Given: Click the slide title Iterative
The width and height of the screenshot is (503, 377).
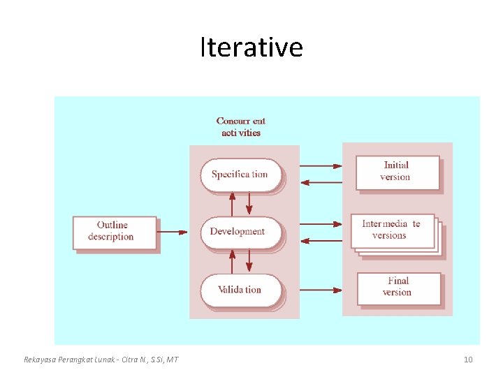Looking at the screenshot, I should click(x=251, y=47).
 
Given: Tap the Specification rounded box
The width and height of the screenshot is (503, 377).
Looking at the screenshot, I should click(x=240, y=175).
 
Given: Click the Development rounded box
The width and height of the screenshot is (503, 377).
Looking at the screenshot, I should click(x=240, y=232).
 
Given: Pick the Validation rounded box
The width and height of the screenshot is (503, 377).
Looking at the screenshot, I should click(x=240, y=290).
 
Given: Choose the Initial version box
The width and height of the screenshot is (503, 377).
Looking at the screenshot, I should click(x=398, y=172).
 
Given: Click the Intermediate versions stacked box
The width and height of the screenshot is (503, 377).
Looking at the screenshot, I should click(x=393, y=231).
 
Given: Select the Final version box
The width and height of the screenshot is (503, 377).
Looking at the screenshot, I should click(x=398, y=287).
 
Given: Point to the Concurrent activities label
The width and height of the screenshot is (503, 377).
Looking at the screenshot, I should click(x=241, y=126).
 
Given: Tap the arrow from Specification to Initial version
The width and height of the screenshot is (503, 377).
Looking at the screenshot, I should click(x=321, y=166).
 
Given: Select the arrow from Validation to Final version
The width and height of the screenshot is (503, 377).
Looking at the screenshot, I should click(x=321, y=289).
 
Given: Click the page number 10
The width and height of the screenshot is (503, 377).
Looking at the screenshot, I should click(x=468, y=360).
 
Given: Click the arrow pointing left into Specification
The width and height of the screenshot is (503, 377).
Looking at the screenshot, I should click(x=321, y=182).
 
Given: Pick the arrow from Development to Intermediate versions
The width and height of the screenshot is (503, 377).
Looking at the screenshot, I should click(x=321, y=224).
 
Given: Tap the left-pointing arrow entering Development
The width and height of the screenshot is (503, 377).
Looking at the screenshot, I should click(x=321, y=240).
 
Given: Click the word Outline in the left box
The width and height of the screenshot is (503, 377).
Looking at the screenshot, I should click(x=112, y=225).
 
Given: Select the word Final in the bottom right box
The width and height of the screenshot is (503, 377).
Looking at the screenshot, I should click(x=398, y=281).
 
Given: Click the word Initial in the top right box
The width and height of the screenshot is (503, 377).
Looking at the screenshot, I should click(x=396, y=165).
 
